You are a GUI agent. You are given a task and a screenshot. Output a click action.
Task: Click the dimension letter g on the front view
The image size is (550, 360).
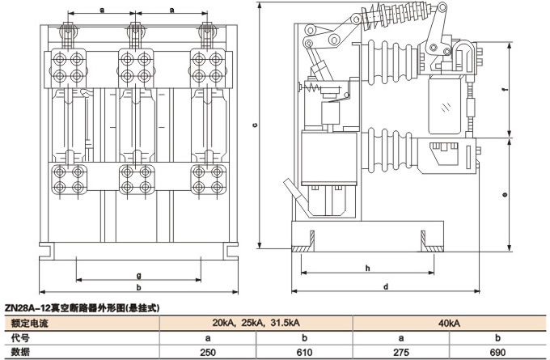[138, 275]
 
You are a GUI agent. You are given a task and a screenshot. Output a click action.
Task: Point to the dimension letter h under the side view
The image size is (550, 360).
[367, 268]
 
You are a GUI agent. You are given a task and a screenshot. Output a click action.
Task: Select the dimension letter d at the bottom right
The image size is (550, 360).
[386, 286]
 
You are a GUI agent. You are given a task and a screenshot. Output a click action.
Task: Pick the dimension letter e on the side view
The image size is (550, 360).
[503, 195]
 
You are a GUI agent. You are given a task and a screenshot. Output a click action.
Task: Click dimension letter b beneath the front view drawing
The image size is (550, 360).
[138, 287]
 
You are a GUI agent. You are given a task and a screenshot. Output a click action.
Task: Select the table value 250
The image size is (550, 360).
[207, 352]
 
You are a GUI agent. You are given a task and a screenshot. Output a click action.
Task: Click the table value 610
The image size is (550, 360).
[304, 352]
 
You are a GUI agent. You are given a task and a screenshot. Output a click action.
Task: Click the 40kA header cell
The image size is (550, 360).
[450, 323]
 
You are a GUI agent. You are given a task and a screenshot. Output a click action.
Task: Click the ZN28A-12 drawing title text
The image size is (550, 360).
[81, 308]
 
